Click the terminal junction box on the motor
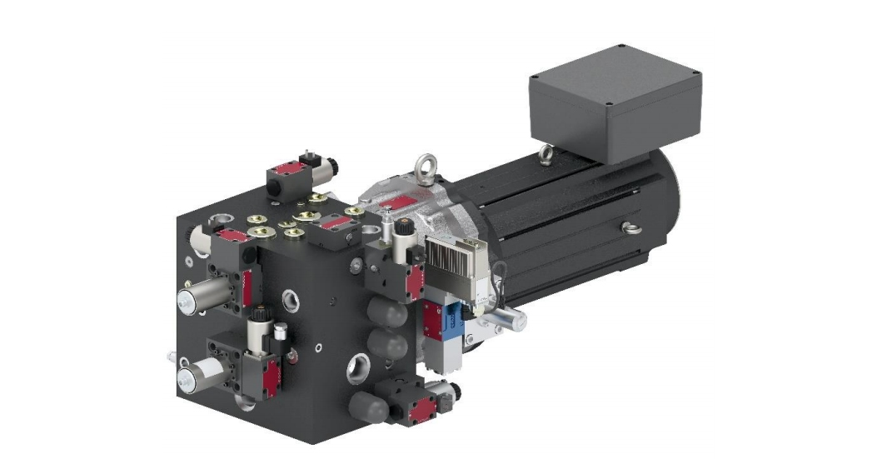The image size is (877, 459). [x=615, y=104]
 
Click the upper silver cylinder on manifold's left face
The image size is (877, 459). [x=202, y=298]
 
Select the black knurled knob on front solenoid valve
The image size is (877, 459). [x=259, y=317]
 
